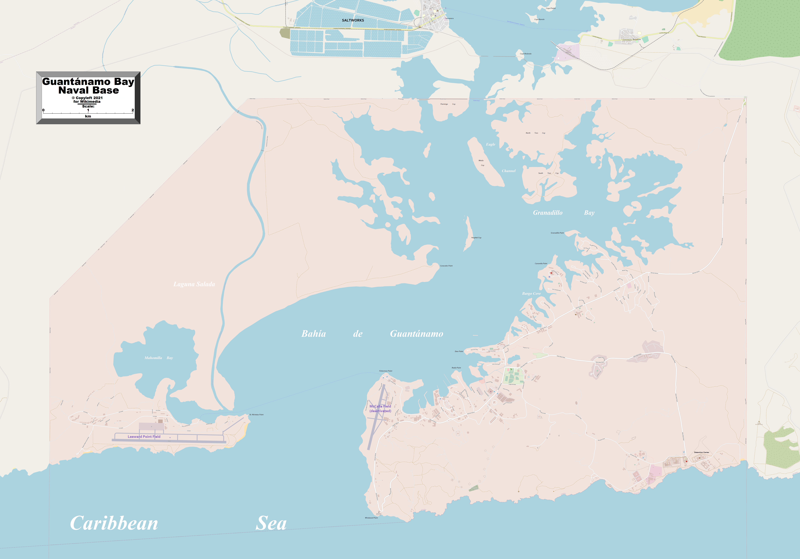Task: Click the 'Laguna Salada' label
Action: (194, 284)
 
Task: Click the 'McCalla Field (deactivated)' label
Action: (380, 409)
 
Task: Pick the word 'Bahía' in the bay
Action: (314, 334)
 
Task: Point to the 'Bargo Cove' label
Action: (531, 294)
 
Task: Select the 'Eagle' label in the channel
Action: (491, 144)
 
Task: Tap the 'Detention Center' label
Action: (701, 452)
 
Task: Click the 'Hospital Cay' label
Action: (476, 238)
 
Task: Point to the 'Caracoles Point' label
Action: (446, 266)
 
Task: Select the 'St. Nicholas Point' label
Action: (256, 414)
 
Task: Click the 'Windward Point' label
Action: (371, 518)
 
